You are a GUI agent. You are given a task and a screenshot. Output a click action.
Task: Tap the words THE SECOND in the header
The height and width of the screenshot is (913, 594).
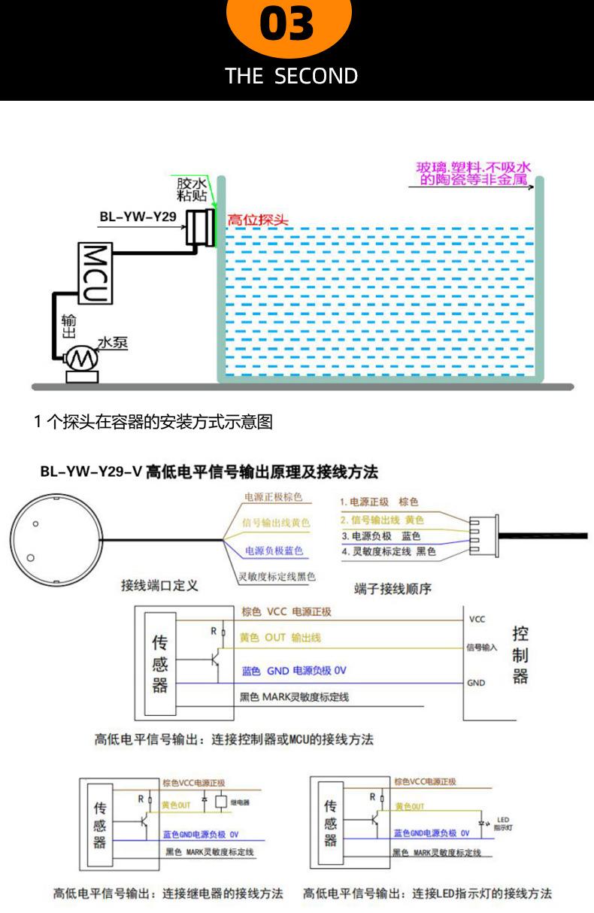coord(292,76)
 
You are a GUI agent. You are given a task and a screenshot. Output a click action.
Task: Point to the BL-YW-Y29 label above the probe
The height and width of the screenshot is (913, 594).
coord(138,217)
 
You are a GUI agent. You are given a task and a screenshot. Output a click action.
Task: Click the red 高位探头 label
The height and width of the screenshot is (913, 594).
coord(257,220)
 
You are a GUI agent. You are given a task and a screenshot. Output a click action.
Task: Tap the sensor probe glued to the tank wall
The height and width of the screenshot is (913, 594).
coord(199,227)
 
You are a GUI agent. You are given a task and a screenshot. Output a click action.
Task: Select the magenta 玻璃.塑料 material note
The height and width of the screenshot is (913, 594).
coord(474,174)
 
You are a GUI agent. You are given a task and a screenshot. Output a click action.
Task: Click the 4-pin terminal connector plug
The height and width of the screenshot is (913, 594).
coord(480,535)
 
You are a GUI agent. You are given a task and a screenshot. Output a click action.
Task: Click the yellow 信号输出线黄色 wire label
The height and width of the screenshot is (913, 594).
coord(275,523)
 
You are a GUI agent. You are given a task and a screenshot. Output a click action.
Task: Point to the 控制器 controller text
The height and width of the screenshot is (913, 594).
coord(520,654)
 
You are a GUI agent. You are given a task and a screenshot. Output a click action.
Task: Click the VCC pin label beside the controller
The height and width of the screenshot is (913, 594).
coord(477,619)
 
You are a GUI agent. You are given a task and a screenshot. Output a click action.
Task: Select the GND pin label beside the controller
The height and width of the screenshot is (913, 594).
coord(476,683)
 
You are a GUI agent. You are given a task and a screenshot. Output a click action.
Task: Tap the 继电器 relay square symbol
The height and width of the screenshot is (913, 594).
coord(221,801)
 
